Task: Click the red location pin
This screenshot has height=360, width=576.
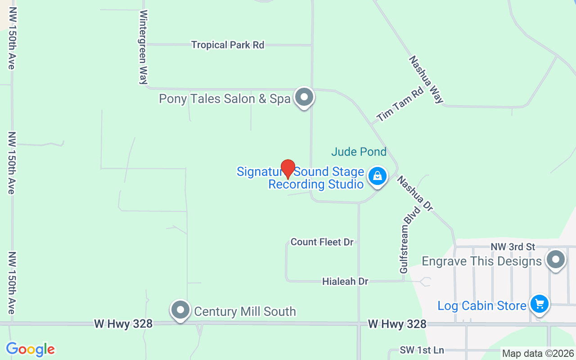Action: (x=288, y=169)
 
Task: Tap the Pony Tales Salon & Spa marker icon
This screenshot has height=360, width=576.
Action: (x=304, y=97)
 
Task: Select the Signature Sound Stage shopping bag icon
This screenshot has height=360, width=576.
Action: (x=378, y=176)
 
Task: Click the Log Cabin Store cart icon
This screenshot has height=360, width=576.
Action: (x=539, y=305)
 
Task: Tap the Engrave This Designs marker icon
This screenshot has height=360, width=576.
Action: (x=556, y=260)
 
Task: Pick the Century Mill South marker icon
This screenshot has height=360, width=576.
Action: (x=180, y=310)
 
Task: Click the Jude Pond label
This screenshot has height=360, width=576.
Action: (x=359, y=152)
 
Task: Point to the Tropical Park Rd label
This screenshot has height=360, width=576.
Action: (x=228, y=45)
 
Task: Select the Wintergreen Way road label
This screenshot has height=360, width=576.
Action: (x=144, y=47)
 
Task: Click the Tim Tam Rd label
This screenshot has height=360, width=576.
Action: (x=400, y=105)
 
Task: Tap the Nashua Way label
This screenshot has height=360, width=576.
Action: (x=426, y=80)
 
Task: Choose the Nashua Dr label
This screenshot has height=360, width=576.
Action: (x=414, y=193)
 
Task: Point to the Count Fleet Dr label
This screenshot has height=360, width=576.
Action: (x=322, y=242)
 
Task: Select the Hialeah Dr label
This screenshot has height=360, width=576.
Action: (x=345, y=282)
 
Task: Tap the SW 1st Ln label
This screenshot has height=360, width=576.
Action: (x=422, y=350)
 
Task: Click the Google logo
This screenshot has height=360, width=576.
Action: (x=30, y=349)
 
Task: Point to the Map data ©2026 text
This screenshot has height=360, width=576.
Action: (x=538, y=354)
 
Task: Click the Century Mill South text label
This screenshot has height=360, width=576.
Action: (x=245, y=311)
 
